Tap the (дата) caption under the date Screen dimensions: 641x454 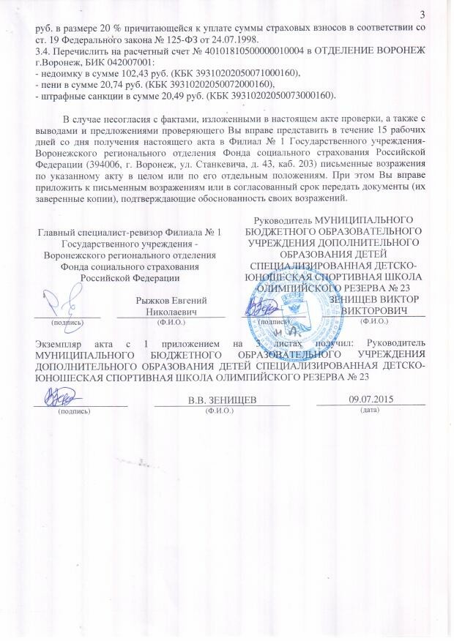coord(371,410)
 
